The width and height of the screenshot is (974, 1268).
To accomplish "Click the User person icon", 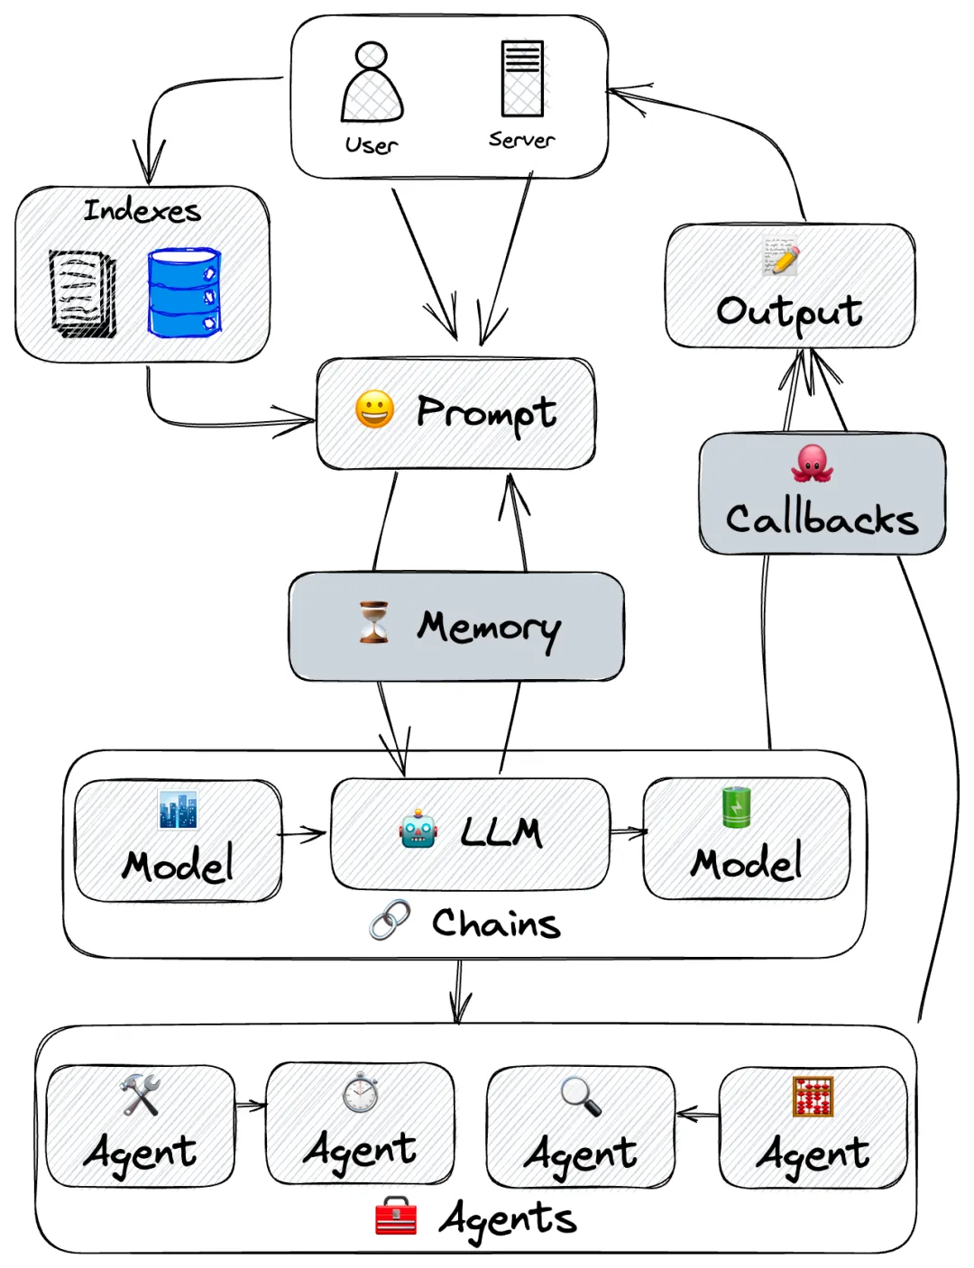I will pyautogui.click(x=372, y=83).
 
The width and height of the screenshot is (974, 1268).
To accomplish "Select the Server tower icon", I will pyautogui.click(x=522, y=78).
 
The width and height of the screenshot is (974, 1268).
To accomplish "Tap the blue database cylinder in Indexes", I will pyautogui.click(x=184, y=293).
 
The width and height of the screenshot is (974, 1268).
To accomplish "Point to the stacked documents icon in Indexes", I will pyautogui.click(x=83, y=293).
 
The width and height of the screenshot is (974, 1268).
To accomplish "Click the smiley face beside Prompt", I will pyautogui.click(x=374, y=409).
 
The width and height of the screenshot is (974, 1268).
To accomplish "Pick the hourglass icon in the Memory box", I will pyautogui.click(x=373, y=622).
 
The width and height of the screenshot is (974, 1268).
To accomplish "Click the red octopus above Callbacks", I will pyautogui.click(x=812, y=463).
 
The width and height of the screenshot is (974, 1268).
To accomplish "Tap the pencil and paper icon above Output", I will pyautogui.click(x=780, y=256).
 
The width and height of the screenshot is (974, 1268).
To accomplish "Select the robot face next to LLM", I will pyautogui.click(x=418, y=829).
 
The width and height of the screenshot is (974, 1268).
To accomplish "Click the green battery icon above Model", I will pyautogui.click(x=736, y=807).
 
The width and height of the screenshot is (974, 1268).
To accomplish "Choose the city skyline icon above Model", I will pyautogui.click(x=178, y=809).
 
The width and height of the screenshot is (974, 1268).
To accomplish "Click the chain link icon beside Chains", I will pyautogui.click(x=390, y=920).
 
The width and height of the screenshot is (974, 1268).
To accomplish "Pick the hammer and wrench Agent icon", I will pyautogui.click(x=140, y=1094).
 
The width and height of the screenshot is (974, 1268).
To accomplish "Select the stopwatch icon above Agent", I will pyautogui.click(x=360, y=1092).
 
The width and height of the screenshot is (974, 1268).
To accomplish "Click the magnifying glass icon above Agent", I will pyautogui.click(x=580, y=1095).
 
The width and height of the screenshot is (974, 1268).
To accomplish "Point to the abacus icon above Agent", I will pyautogui.click(x=813, y=1097).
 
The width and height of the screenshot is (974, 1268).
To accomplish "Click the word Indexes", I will pyautogui.click(x=142, y=211).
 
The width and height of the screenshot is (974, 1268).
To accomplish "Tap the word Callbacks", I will pyautogui.click(x=822, y=519).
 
